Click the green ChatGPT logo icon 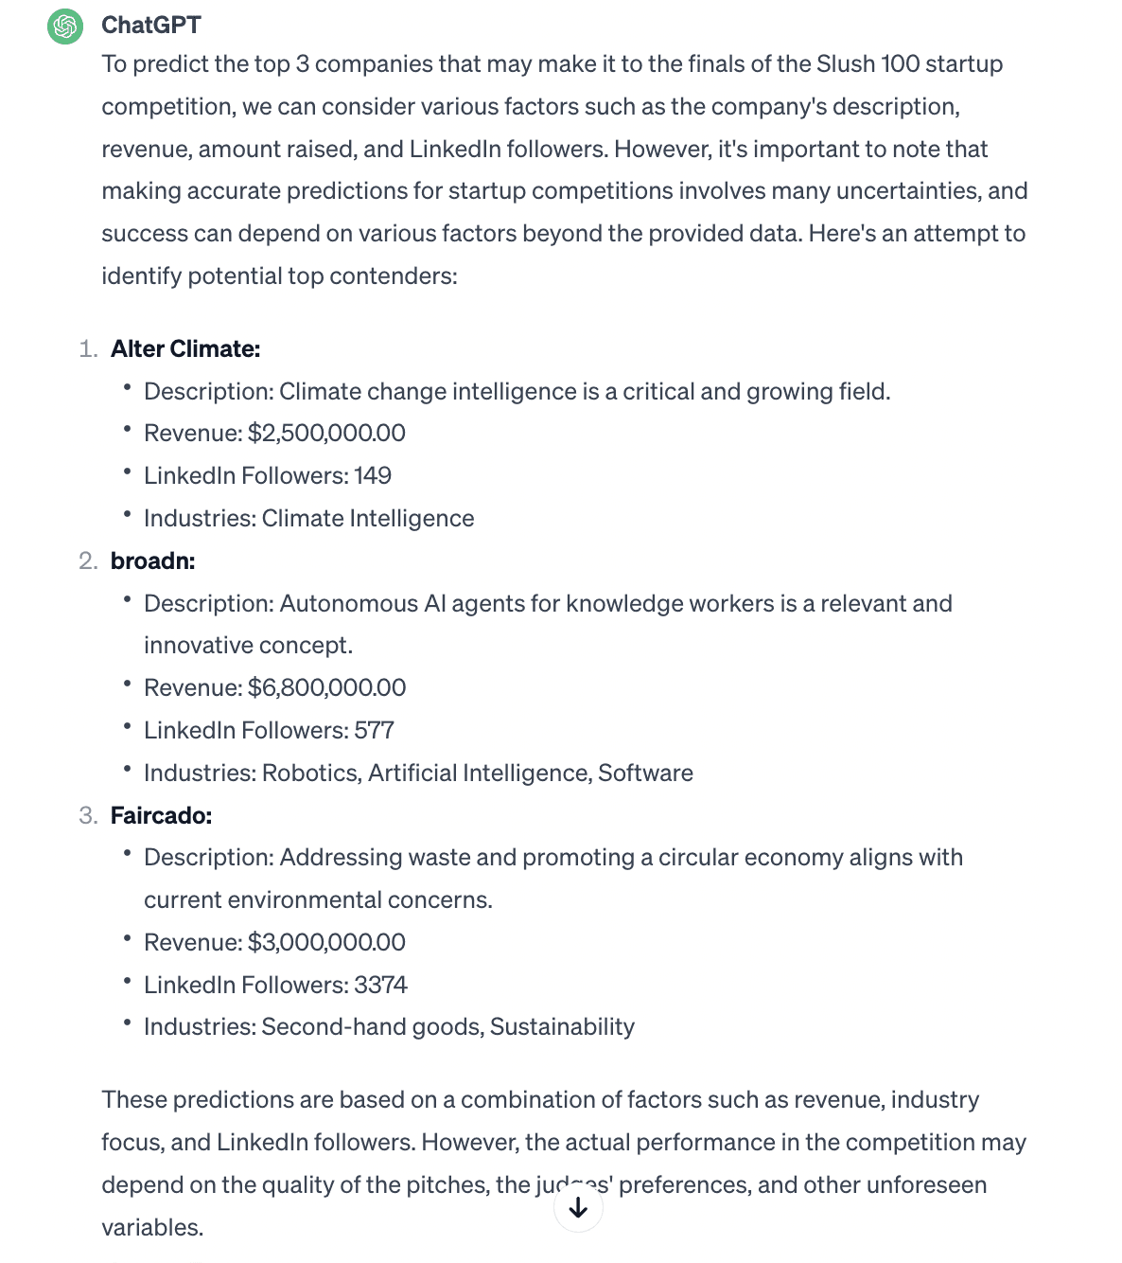click(65, 26)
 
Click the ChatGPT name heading click(151, 26)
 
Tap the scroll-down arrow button click(578, 1208)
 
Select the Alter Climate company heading click(185, 349)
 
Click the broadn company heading click(152, 561)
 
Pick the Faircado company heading click(161, 816)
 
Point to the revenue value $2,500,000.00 click(326, 434)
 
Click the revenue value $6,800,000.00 click(326, 688)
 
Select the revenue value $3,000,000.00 click(326, 943)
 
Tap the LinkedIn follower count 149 click(373, 476)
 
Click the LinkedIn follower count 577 click(374, 731)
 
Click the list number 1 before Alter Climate click(87, 349)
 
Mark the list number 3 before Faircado click(87, 816)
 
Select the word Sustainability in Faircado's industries click(562, 1027)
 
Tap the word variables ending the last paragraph click(151, 1228)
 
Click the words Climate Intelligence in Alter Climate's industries click(368, 519)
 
